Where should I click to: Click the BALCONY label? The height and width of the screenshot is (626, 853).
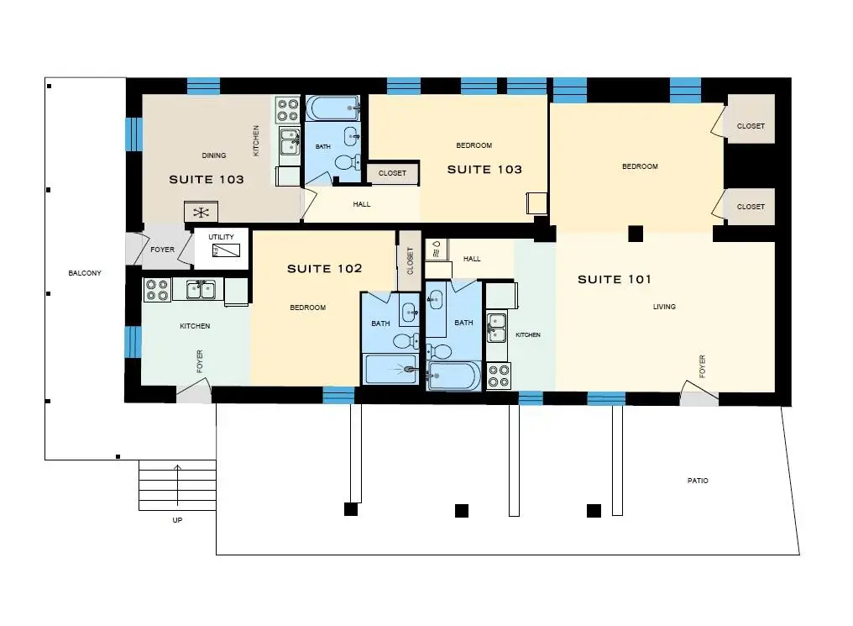point(85,273)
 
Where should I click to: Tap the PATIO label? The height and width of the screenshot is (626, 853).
point(698,481)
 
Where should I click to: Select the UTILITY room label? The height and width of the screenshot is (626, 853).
point(221,237)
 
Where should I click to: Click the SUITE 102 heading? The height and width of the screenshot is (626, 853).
point(324,268)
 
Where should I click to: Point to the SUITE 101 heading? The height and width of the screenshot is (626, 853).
point(615,279)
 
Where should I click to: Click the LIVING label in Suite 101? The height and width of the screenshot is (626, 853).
point(664,307)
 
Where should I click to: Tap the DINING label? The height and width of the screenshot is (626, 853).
point(214,155)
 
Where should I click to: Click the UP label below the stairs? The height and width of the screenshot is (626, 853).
point(177,520)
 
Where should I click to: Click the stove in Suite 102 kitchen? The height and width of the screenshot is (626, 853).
point(157,290)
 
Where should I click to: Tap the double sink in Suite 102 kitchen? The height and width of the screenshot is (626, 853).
point(201,289)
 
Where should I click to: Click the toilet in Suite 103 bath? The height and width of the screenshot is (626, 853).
point(347,162)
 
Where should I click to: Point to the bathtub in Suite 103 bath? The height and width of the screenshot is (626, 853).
point(332,108)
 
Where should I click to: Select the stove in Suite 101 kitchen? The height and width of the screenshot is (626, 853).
point(499,376)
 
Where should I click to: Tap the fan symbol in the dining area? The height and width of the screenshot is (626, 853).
point(201,213)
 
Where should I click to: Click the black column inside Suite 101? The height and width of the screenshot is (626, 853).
point(636,234)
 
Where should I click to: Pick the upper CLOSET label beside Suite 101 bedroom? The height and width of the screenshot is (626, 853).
point(751,126)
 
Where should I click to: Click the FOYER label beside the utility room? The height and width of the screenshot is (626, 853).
point(162,250)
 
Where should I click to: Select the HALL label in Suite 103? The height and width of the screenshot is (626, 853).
point(361,205)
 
